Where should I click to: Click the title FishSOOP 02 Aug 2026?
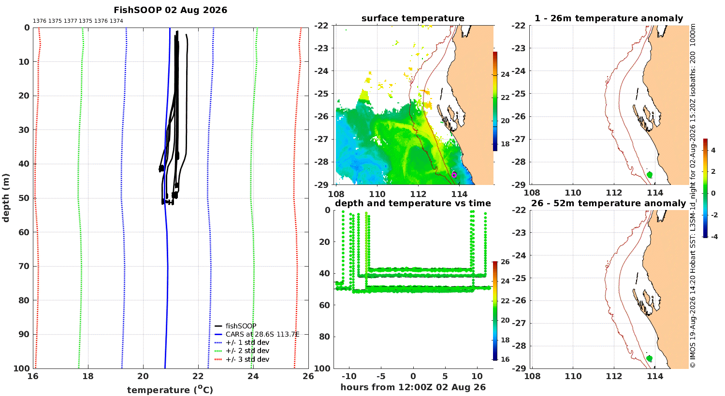click(170, 10)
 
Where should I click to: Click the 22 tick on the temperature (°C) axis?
click(198, 376)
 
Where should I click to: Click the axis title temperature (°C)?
click(170, 390)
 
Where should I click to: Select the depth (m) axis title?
click(6, 198)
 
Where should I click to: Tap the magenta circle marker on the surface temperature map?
click(454, 175)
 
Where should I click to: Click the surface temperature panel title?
click(413, 18)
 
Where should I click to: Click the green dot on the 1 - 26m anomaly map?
click(649, 175)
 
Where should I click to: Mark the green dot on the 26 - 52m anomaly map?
click(649, 358)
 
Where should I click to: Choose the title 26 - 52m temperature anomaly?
click(609, 203)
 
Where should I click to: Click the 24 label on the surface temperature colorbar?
click(505, 74)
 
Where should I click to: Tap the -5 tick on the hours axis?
click(381, 376)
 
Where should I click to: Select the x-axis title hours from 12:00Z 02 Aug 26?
click(413, 387)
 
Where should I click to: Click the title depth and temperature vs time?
click(413, 203)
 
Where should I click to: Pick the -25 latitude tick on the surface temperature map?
click(321, 94)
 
